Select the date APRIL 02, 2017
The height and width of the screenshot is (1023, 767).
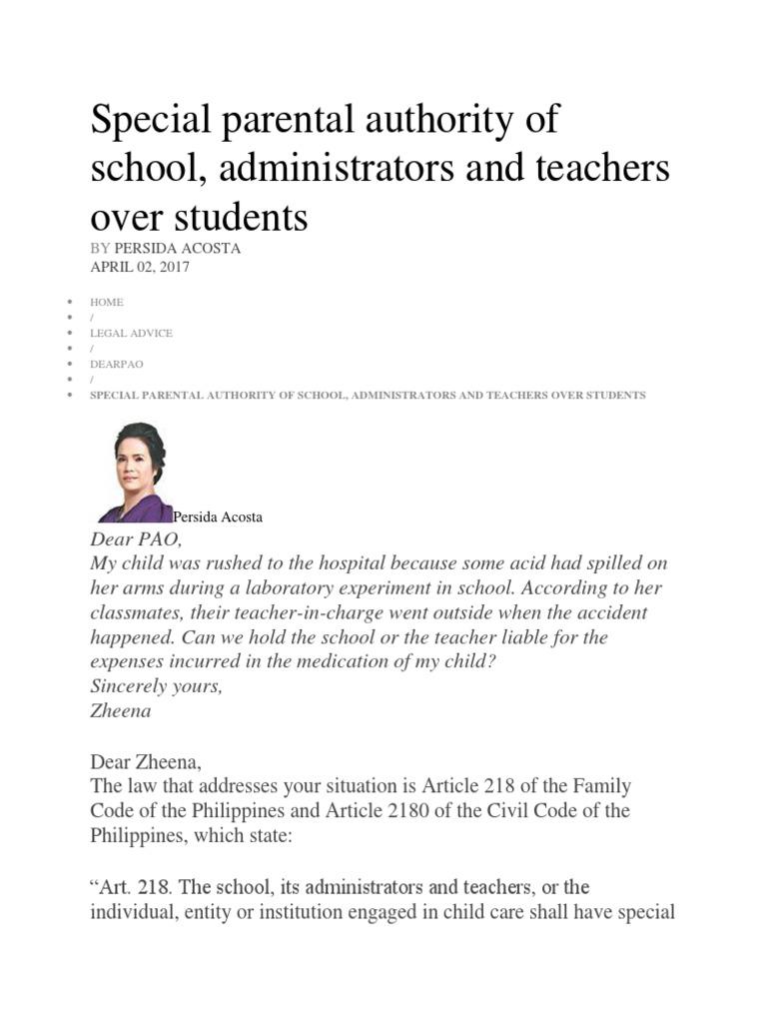coord(140,267)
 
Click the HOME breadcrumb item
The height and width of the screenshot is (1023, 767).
coord(107,302)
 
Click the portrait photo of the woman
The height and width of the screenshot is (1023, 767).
coord(135,473)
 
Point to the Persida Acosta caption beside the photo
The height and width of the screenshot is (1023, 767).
coord(218,516)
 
